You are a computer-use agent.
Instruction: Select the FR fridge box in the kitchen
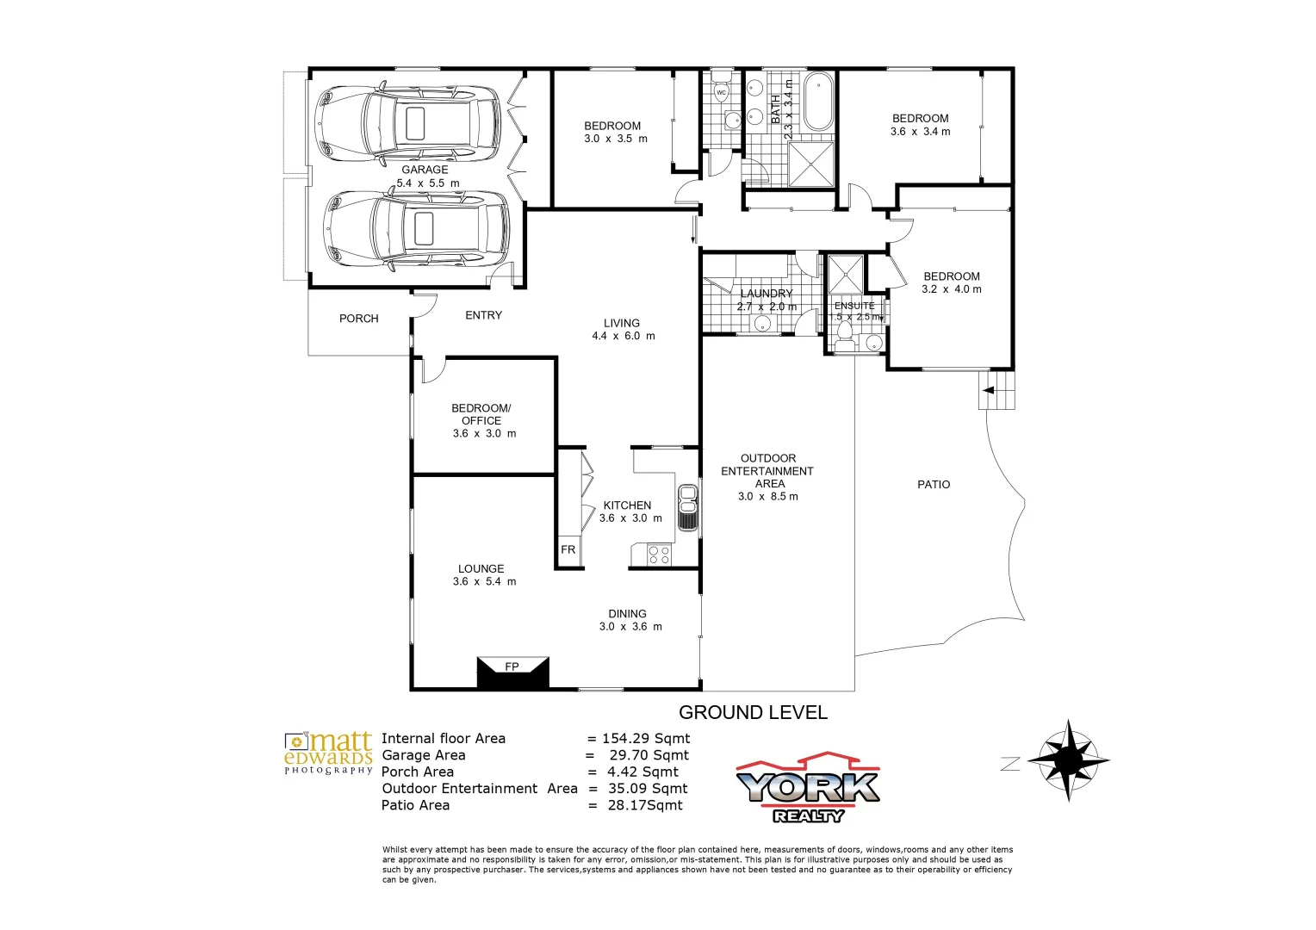[x=568, y=550]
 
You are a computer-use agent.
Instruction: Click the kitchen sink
[x=687, y=508]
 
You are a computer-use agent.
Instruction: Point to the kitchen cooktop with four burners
[x=659, y=555]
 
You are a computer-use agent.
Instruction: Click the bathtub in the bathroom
[x=818, y=102]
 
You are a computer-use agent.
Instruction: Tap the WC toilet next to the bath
[x=722, y=90]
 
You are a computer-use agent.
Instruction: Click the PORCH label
[x=359, y=319]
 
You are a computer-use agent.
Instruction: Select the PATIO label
[x=934, y=485]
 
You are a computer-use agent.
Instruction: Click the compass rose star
[x=1068, y=760]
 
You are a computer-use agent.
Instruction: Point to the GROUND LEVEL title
[x=753, y=713]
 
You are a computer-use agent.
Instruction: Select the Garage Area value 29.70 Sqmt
[x=649, y=755]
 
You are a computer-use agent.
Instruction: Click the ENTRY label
[x=483, y=315]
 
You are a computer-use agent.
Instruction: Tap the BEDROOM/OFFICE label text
[x=481, y=414]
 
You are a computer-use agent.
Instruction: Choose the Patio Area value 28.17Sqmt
[x=644, y=805]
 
